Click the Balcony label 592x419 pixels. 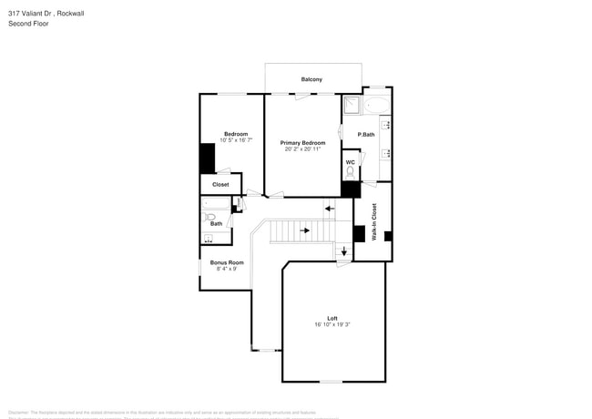pyautogui.click(x=311, y=79)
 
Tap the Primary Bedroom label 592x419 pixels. pyautogui.click(x=302, y=143)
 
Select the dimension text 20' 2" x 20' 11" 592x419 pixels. pyautogui.click(x=302, y=149)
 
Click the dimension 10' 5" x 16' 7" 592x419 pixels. pyautogui.click(x=236, y=140)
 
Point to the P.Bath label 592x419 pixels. pyautogui.click(x=366, y=135)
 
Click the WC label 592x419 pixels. pyautogui.click(x=350, y=162)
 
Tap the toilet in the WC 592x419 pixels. pyautogui.click(x=350, y=172)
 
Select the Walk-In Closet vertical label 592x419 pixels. pyautogui.click(x=373, y=221)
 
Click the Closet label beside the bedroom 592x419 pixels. pyautogui.click(x=220, y=184)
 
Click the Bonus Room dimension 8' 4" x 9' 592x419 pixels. pyautogui.click(x=227, y=269)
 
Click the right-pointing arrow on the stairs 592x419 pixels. pyautogui.click(x=306, y=230)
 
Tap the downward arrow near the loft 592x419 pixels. pyautogui.click(x=343, y=251)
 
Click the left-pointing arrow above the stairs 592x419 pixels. pyautogui.click(x=330, y=209)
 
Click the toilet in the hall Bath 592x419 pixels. pyautogui.click(x=210, y=219)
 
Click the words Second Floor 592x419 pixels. pyautogui.click(x=29, y=24)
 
